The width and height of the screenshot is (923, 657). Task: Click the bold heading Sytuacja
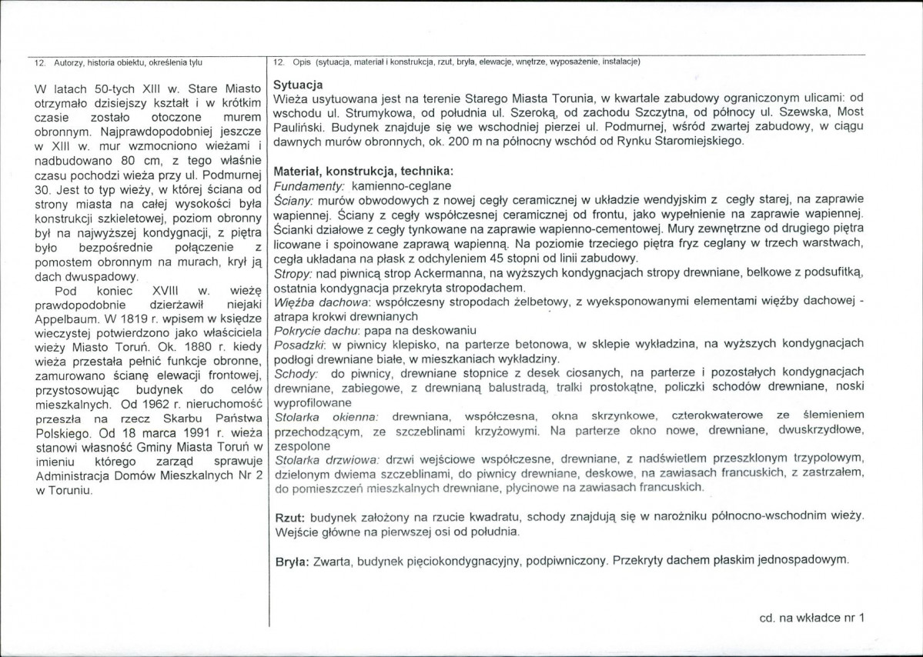298,85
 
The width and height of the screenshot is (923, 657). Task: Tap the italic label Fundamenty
310,185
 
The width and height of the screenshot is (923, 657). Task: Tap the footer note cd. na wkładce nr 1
811,617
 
